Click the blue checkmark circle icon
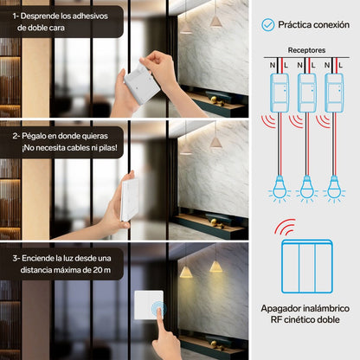(268, 25)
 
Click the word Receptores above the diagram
(306, 50)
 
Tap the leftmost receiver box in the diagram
(280, 93)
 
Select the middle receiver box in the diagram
(306, 93)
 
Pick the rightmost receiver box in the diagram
(334, 93)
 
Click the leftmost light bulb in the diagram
(280, 189)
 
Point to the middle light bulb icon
(306, 189)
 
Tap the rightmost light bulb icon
(334, 189)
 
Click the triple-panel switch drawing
(307, 267)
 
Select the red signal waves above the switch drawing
(285, 227)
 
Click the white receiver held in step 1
(142, 84)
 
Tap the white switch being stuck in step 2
(129, 200)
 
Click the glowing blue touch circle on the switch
(158, 308)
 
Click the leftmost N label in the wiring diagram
(273, 66)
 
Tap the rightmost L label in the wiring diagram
(340, 66)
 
